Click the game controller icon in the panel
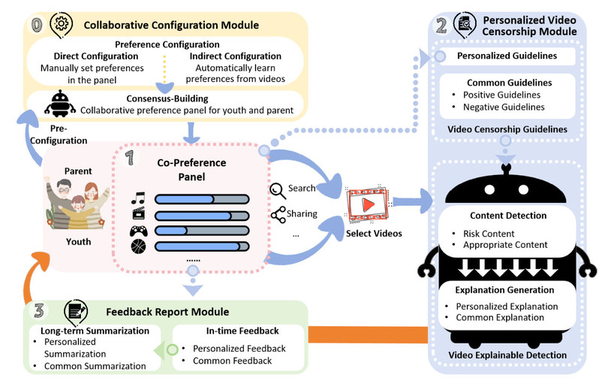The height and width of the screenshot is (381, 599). (139, 231)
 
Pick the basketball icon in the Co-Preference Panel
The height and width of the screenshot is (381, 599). (139, 246)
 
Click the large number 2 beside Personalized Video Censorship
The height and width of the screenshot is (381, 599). (441, 23)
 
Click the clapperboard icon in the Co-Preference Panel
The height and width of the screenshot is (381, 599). (139, 215)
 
